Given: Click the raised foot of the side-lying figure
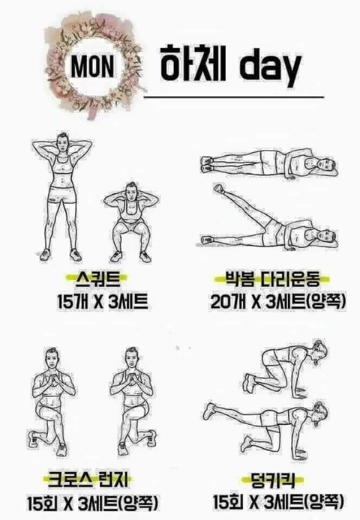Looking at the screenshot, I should (218, 189).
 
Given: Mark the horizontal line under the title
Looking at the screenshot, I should (233, 97).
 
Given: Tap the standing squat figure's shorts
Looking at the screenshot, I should (62, 196).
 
